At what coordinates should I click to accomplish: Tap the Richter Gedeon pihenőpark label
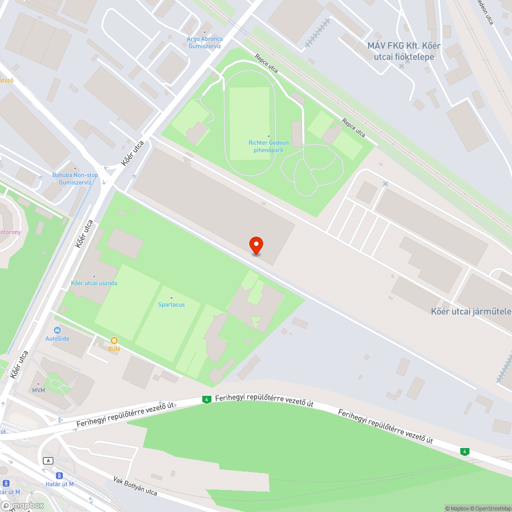[268, 146]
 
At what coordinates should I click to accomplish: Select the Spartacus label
[171, 305]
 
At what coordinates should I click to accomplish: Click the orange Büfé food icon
[114, 340]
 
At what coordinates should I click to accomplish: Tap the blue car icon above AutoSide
[57, 330]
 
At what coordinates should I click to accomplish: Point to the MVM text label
[39, 391]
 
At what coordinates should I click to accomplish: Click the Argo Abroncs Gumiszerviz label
[204, 42]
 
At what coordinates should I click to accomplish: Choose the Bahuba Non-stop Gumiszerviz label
[75, 178]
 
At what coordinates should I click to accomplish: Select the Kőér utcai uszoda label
[94, 283]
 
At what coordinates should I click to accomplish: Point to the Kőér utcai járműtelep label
[471, 311]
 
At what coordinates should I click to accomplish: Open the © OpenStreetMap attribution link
[492, 508]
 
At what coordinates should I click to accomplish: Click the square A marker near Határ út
[49, 460]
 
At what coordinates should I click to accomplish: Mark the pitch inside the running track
[249, 123]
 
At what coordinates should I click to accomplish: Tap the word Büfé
[114, 349]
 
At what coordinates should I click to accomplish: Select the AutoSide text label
[57, 338]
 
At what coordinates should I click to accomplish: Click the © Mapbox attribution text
[458, 508]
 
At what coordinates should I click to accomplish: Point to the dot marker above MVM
[39, 383]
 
